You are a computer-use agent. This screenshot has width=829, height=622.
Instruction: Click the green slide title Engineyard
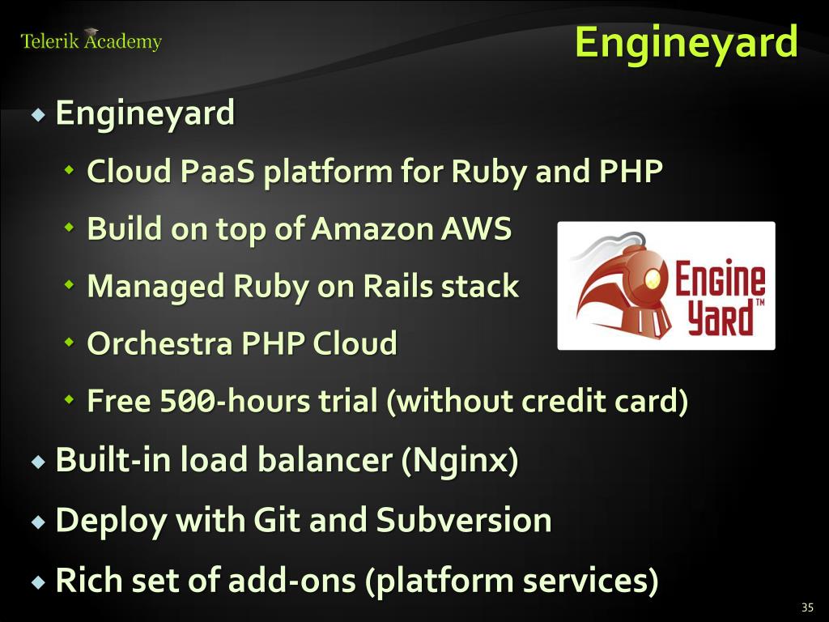[x=686, y=42]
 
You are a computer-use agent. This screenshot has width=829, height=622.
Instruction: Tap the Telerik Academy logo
[x=91, y=40]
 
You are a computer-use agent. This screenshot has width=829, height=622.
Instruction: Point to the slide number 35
[x=806, y=607]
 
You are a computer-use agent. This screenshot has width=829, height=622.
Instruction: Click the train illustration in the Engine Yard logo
[x=619, y=288]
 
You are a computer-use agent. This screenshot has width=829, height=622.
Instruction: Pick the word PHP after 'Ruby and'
[x=631, y=171]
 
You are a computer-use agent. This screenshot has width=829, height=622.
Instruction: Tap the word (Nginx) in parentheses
[x=460, y=460]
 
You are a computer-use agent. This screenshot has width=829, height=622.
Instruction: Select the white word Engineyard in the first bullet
[x=145, y=113]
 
